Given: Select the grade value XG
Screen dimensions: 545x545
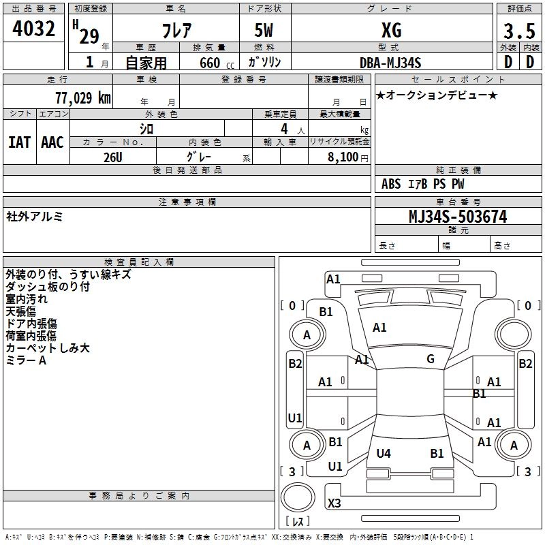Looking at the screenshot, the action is [391, 31].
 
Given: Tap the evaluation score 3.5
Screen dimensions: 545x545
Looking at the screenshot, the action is [518, 31].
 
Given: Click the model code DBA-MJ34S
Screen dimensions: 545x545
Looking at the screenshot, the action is [390, 63].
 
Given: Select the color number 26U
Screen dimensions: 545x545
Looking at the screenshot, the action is [112, 157].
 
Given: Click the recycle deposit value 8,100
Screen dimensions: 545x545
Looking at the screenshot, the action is [343, 157].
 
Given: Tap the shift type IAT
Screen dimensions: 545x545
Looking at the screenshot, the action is [19, 142].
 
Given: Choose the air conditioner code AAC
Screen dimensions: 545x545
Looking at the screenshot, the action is [52, 142].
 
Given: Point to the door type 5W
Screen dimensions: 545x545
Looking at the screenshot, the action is [265, 31].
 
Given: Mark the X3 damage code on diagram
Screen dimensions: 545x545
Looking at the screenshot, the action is [334, 503].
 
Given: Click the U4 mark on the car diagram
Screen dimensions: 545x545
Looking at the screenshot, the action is [384, 453].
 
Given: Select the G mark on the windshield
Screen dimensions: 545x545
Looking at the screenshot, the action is [431, 359].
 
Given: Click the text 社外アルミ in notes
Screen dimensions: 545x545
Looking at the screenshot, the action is [35, 217].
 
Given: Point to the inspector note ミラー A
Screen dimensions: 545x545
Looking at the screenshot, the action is [26, 360].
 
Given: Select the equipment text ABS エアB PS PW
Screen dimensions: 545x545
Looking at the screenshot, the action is [422, 184].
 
